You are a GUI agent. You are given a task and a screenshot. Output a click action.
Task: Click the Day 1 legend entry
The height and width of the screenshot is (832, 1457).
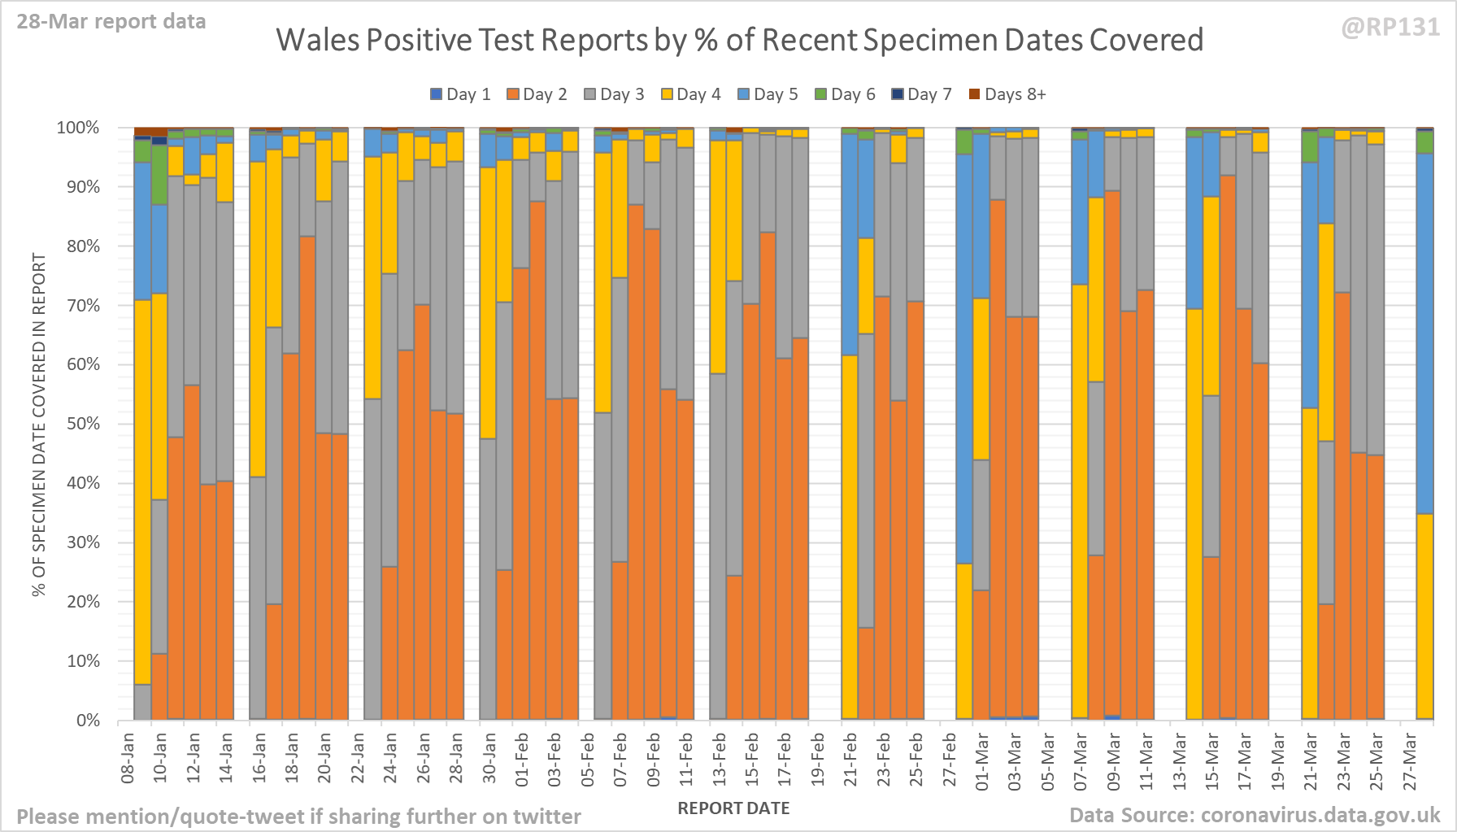click(x=460, y=94)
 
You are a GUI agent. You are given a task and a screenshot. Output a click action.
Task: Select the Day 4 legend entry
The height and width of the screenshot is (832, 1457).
click(x=690, y=94)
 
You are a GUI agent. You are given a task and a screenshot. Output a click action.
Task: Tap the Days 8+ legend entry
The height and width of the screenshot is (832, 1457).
click(x=1007, y=94)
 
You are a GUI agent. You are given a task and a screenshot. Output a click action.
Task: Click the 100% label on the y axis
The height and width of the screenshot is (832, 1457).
click(x=78, y=128)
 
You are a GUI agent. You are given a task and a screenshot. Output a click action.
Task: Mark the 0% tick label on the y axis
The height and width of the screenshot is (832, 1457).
click(x=88, y=721)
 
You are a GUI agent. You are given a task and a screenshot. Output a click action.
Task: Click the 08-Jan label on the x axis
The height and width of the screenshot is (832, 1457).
click(x=128, y=758)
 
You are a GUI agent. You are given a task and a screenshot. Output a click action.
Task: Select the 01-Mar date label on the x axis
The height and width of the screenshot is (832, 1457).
click(x=982, y=761)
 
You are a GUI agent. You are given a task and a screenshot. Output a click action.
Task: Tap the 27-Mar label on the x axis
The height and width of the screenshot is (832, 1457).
click(x=1410, y=761)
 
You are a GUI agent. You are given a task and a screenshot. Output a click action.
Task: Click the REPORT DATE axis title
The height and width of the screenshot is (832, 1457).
click(x=733, y=808)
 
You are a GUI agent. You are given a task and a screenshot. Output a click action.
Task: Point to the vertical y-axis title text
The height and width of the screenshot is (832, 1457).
click(x=39, y=424)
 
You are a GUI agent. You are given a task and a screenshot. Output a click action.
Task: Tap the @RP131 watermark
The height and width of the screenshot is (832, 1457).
click(x=1390, y=28)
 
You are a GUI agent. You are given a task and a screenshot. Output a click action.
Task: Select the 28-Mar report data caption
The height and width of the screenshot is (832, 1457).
click(x=111, y=22)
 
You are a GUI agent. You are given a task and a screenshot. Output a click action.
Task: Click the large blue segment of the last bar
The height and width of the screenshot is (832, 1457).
click(x=1424, y=333)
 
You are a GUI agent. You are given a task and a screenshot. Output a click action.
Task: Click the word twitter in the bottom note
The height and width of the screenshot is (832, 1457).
click(x=546, y=816)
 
